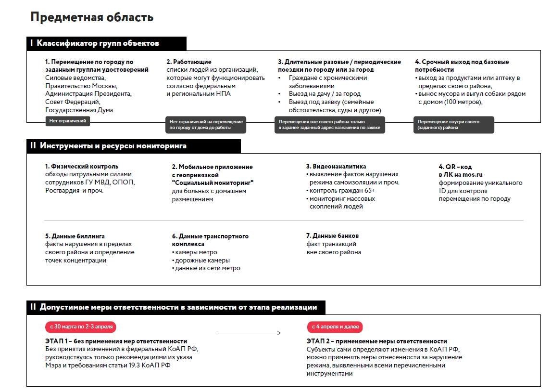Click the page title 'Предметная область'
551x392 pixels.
pos(92,17)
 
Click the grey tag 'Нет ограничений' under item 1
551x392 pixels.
pos(68,121)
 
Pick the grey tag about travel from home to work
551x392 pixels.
pos(206,125)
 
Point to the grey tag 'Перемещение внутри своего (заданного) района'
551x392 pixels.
pos(453,125)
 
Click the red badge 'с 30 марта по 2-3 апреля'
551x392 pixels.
pos(81,327)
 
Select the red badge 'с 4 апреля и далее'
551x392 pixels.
pos(335,327)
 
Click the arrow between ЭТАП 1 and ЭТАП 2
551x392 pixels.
pos(249,333)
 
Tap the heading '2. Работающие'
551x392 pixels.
pos(189,62)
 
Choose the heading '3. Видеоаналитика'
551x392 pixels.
pos(336,167)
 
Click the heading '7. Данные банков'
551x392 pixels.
pos(332,236)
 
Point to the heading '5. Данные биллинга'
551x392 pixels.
pos(75,236)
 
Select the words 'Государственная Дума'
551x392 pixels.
pos(79,110)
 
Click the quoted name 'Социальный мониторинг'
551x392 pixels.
pos(213,183)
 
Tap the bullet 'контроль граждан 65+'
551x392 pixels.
pos(342,191)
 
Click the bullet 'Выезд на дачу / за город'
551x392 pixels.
pos(325,94)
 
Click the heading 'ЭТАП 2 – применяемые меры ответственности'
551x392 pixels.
pos(377,341)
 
